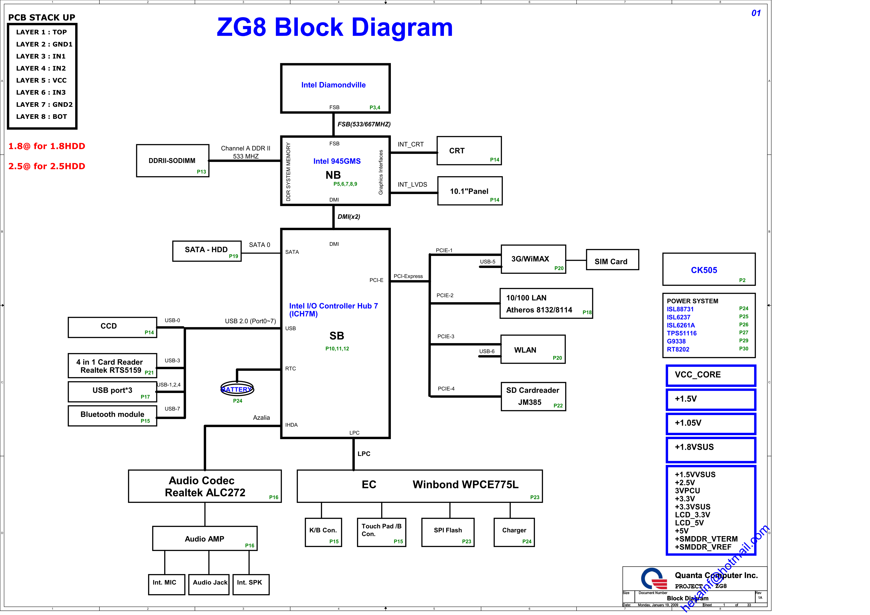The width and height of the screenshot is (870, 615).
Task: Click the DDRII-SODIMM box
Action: pos(172,161)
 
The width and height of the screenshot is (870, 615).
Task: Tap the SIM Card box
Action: pos(612,260)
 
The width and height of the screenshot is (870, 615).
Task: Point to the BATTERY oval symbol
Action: pos(237,389)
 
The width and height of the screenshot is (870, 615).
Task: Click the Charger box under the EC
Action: pos(514,532)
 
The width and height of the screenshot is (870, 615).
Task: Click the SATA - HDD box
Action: pos(207,251)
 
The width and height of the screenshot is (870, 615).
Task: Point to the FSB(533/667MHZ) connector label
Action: pos(364,124)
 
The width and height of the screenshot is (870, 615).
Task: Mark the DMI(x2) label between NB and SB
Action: pos(349,217)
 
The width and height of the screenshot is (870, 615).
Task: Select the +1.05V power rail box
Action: pos(711,424)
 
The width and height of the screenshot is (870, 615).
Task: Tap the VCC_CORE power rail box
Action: pos(711,375)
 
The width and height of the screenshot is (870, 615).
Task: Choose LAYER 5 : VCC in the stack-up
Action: pos(41,80)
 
